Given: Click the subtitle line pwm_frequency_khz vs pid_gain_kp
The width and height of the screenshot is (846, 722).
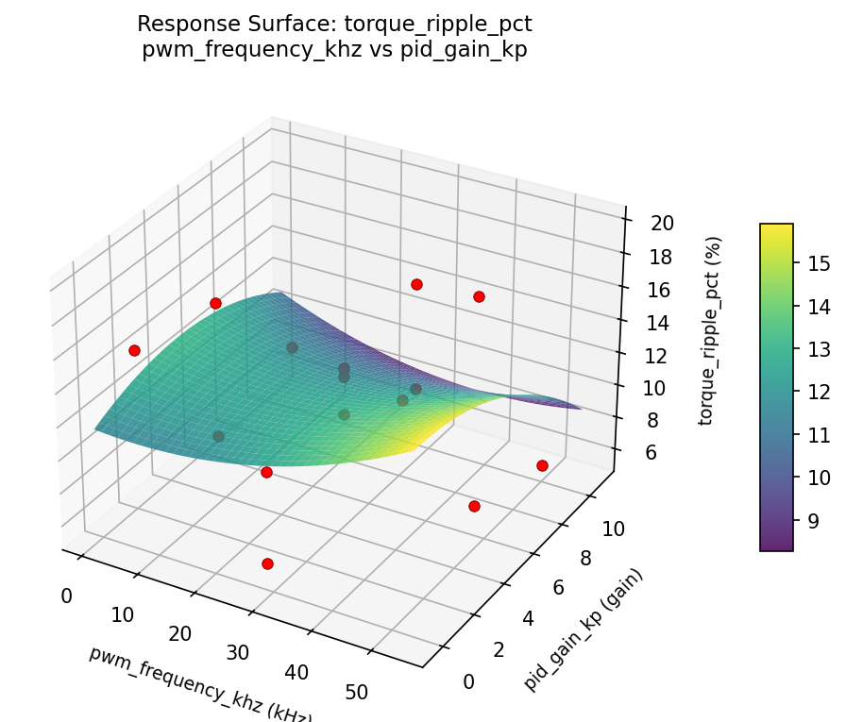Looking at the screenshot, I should (334, 51).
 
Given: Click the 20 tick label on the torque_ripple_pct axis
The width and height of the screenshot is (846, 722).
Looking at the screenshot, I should (663, 223).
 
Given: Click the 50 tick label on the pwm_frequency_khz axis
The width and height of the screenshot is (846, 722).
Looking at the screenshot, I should (357, 693).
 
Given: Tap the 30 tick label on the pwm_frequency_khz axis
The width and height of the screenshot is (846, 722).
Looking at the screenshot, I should (237, 652).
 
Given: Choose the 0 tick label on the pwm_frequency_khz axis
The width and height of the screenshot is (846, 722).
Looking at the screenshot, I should (66, 596).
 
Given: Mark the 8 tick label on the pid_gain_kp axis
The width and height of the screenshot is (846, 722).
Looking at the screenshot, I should (584, 559).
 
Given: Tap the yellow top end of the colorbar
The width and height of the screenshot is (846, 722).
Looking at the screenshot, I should (776, 229).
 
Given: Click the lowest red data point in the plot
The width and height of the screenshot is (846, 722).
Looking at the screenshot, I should (267, 563).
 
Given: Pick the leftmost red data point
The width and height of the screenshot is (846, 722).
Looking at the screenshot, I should (134, 350).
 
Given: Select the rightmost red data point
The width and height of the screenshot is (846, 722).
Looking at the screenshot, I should (542, 465).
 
